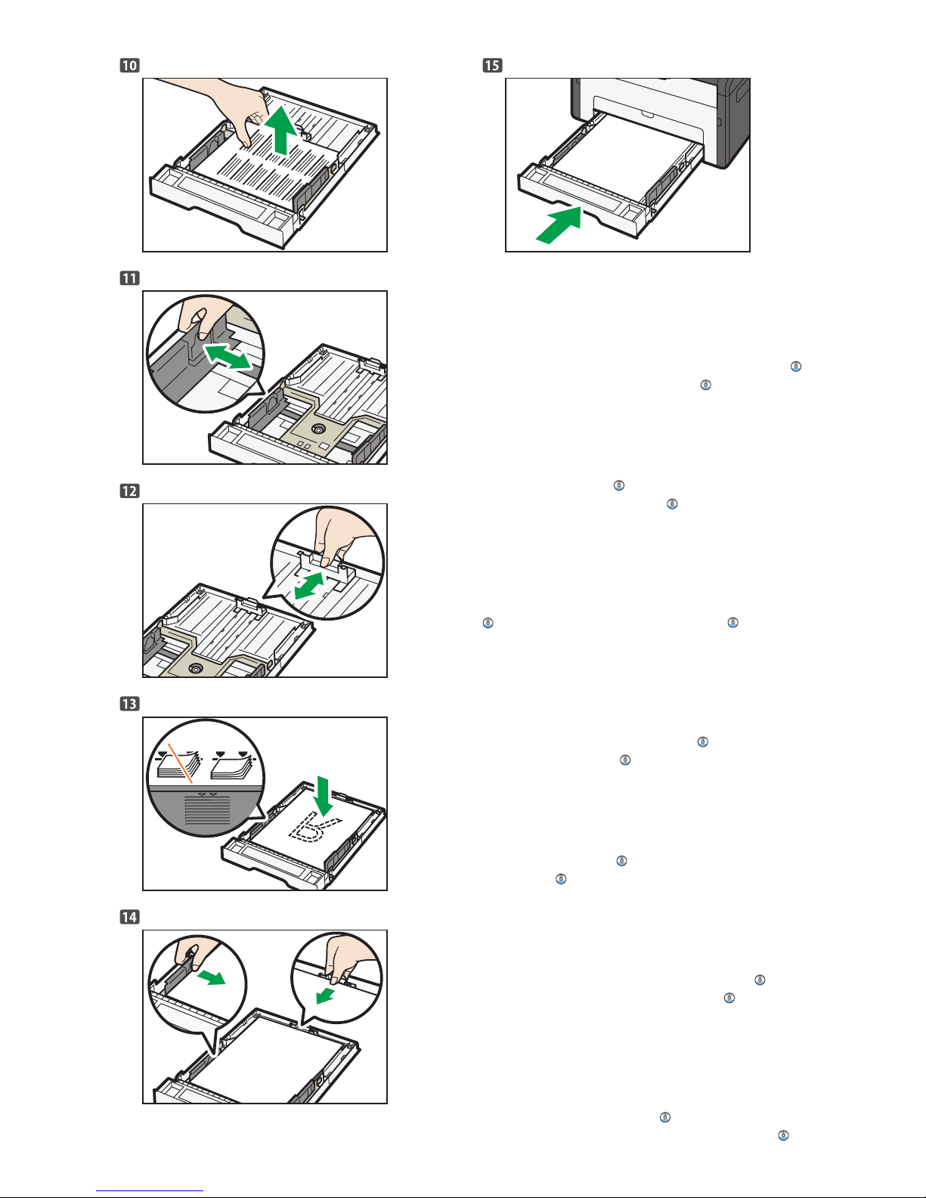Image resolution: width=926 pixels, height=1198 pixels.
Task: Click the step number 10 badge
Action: (x=129, y=65)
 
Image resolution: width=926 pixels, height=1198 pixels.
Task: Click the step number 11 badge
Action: (x=129, y=278)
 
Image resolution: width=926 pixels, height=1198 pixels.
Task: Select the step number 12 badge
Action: (x=129, y=491)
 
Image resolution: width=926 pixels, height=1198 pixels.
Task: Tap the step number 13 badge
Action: (x=129, y=704)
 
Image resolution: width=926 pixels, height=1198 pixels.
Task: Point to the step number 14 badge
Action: (x=129, y=917)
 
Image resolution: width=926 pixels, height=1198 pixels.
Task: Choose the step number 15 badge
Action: (x=492, y=65)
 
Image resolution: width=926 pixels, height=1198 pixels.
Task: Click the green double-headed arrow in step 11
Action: (x=228, y=356)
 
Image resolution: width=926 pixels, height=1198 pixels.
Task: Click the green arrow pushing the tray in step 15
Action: (x=558, y=225)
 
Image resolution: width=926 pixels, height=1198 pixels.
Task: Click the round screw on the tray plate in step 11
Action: (x=319, y=429)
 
